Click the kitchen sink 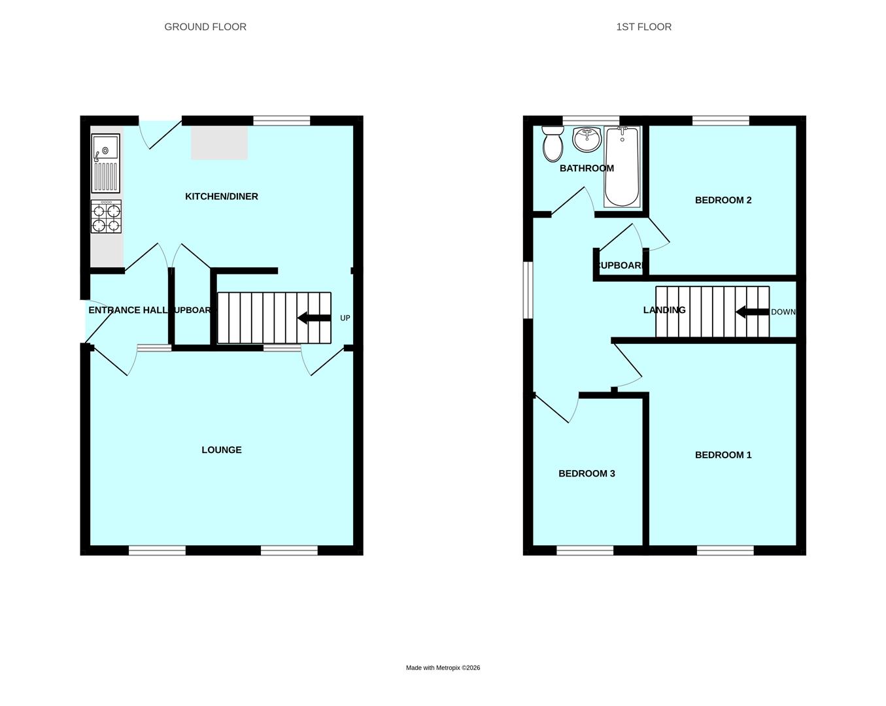click(x=105, y=163)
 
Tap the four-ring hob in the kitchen click(x=106, y=217)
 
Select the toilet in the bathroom click(x=553, y=144)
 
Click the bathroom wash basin click(x=586, y=139)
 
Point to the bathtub click(x=622, y=166)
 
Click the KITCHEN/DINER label click(x=222, y=196)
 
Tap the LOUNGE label click(x=222, y=450)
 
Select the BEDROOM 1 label click(x=723, y=455)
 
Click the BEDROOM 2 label click(x=723, y=200)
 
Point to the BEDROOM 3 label click(x=587, y=473)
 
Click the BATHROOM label click(x=587, y=168)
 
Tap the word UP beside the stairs click(x=345, y=318)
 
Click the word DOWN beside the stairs click(x=783, y=312)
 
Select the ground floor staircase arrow click(x=314, y=318)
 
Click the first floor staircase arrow click(x=752, y=312)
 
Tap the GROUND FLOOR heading click(x=205, y=27)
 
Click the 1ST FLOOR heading click(x=643, y=27)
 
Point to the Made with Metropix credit click(x=443, y=667)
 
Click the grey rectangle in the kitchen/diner click(x=219, y=143)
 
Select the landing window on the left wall click(x=528, y=290)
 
